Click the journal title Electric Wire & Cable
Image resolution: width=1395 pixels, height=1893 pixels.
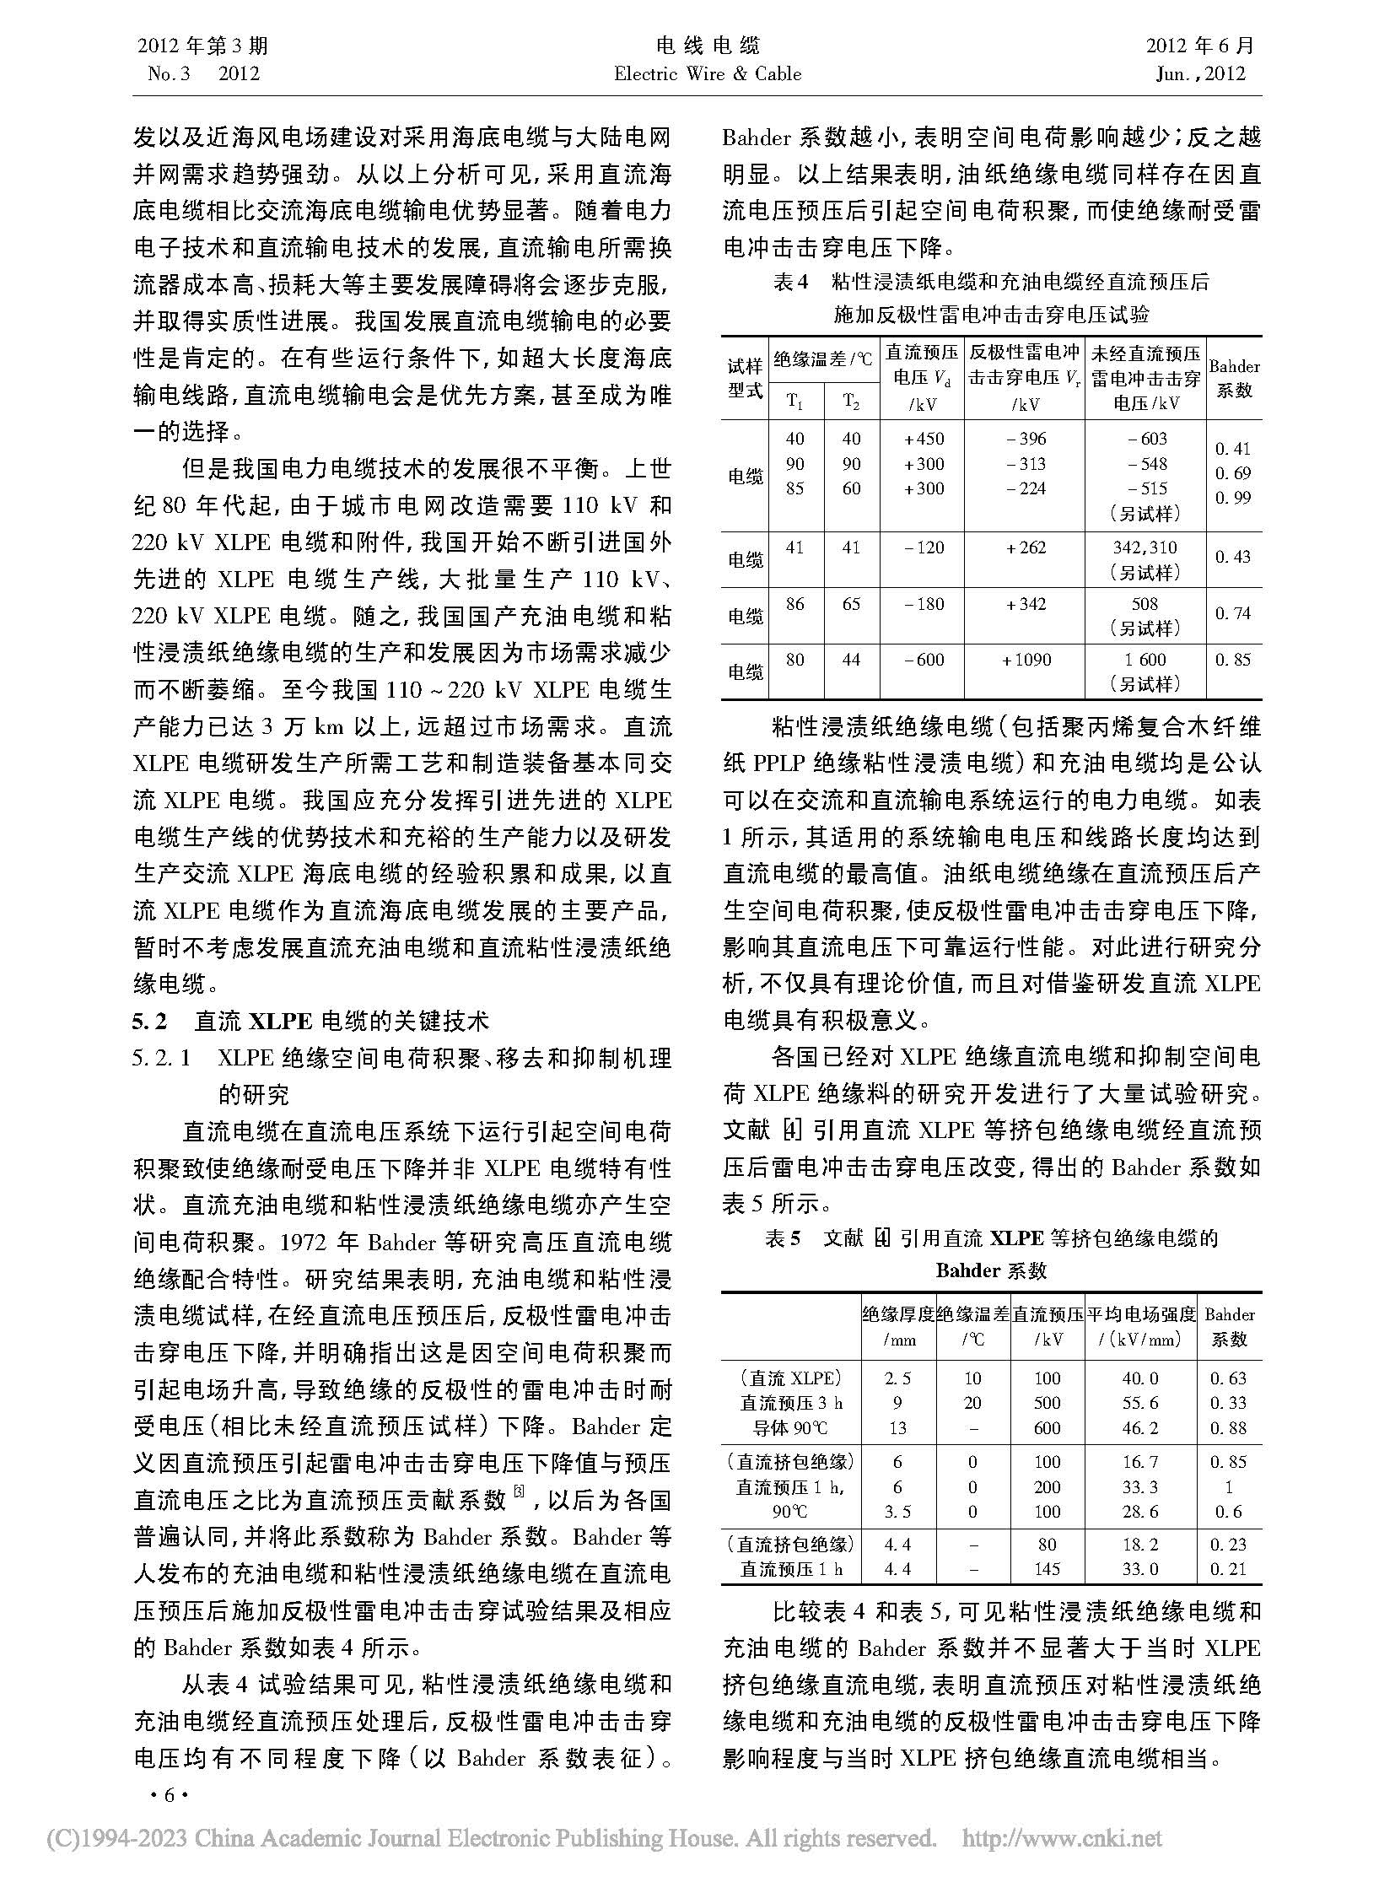coord(708,73)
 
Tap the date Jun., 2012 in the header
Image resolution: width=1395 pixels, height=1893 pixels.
coord(1200,73)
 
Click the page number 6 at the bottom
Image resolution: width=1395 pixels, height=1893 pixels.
coord(168,1795)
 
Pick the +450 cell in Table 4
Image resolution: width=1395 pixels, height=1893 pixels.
coord(923,439)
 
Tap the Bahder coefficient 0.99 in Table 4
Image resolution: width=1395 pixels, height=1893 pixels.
coord(1232,498)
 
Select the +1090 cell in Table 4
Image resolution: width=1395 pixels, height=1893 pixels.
coord(1026,660)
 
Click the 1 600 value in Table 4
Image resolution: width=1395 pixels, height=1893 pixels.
coord(1145,660)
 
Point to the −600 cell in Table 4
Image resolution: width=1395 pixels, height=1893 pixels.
coord(923,660)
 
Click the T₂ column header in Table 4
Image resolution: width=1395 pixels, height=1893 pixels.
coord(851,402)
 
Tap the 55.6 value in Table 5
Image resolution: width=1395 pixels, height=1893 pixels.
coord(1141,1403)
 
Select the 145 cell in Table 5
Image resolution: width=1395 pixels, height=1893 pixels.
coord(1048,1568)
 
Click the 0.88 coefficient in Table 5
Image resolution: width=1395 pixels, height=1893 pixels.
coord(1229,1428)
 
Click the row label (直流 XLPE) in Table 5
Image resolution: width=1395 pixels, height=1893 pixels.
coord(790,1378)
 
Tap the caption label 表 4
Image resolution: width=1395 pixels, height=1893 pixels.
coord(791,283)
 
